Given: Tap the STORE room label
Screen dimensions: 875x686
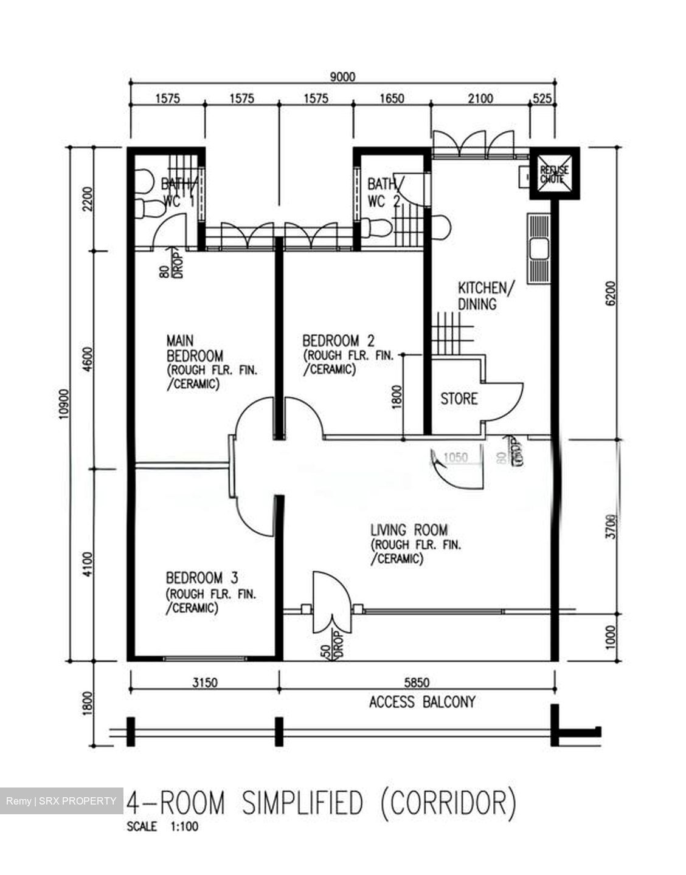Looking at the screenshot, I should [x=459, y=399].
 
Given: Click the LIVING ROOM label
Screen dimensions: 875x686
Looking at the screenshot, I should [x=409, y=530].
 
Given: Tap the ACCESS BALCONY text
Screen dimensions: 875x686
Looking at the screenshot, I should [x=422, y=702].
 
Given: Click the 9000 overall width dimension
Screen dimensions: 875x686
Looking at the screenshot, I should [x=342, y=77].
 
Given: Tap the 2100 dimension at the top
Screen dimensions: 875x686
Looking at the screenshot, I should [x=480, y=98].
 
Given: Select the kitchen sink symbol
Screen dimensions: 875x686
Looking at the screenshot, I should [x=538, y=249].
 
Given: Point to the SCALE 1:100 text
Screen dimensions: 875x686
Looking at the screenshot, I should [x=162, y=826].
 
